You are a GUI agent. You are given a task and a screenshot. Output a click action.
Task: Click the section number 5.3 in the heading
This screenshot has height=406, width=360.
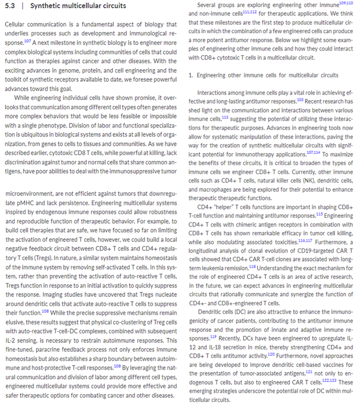(9, 6)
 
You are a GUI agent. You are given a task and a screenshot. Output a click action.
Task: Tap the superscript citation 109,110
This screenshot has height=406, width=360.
(346, 3)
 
